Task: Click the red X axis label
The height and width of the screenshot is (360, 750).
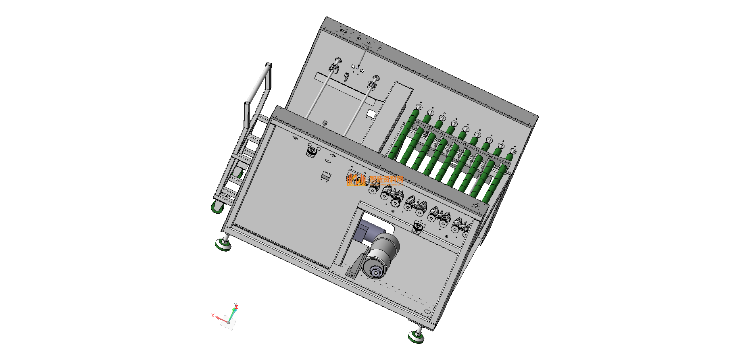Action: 212,315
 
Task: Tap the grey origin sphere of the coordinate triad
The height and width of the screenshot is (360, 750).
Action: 228,323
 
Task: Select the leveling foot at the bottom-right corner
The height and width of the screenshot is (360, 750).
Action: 417,336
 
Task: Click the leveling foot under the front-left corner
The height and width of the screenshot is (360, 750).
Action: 223,244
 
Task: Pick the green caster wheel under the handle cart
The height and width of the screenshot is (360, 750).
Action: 217,208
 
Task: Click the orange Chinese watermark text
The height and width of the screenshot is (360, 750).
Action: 386,180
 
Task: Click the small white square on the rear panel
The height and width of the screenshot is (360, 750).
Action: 371,113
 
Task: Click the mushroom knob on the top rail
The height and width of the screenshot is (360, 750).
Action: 325,123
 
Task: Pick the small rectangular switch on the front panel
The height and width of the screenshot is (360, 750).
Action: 326,176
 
